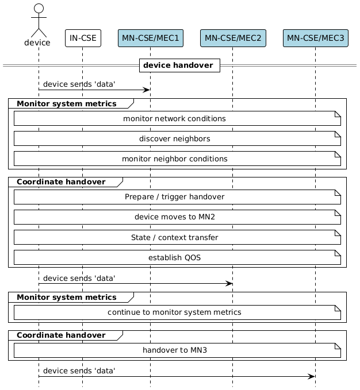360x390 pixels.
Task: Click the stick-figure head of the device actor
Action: pos(39,9)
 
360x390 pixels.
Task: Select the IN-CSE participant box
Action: pos(83,38)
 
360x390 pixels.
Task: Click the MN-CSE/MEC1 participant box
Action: pos(150,38)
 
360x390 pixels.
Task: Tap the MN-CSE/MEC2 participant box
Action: pos(233,38)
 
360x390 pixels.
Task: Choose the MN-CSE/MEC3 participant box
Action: pos(315,38)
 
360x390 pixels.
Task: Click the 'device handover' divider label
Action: pos(178,65)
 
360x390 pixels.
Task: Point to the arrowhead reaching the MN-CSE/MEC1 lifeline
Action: pos(147,90)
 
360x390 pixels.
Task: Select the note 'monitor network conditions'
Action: pos(174,119)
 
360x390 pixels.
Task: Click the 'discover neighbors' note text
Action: pos(174,139)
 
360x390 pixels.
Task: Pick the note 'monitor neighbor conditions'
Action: pos(174,159)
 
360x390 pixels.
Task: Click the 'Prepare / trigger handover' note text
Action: pos(174,197)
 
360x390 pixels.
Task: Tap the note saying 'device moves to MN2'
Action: pos(174,218)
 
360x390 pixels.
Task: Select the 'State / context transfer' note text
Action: pos(174,238)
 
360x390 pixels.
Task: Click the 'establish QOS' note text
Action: pos(174,258)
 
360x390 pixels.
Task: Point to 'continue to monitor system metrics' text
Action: pos(174,312)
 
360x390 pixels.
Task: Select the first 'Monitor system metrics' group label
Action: pos(67,104)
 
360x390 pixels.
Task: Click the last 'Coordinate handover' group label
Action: pos(61,335)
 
